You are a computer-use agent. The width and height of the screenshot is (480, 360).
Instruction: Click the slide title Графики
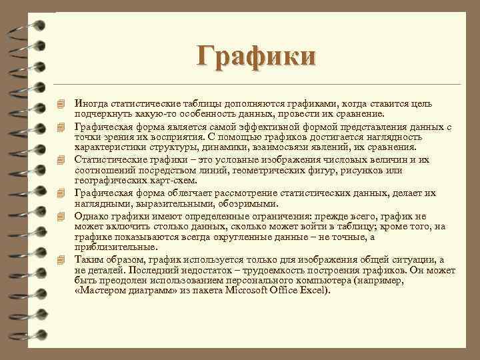(256, 55)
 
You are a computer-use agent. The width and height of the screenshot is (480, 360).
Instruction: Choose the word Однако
(91, 215)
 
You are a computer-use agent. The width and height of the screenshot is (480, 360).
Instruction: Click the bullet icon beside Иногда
(61, 103)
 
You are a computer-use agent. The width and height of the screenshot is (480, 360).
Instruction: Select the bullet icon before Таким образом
(61, 259)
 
